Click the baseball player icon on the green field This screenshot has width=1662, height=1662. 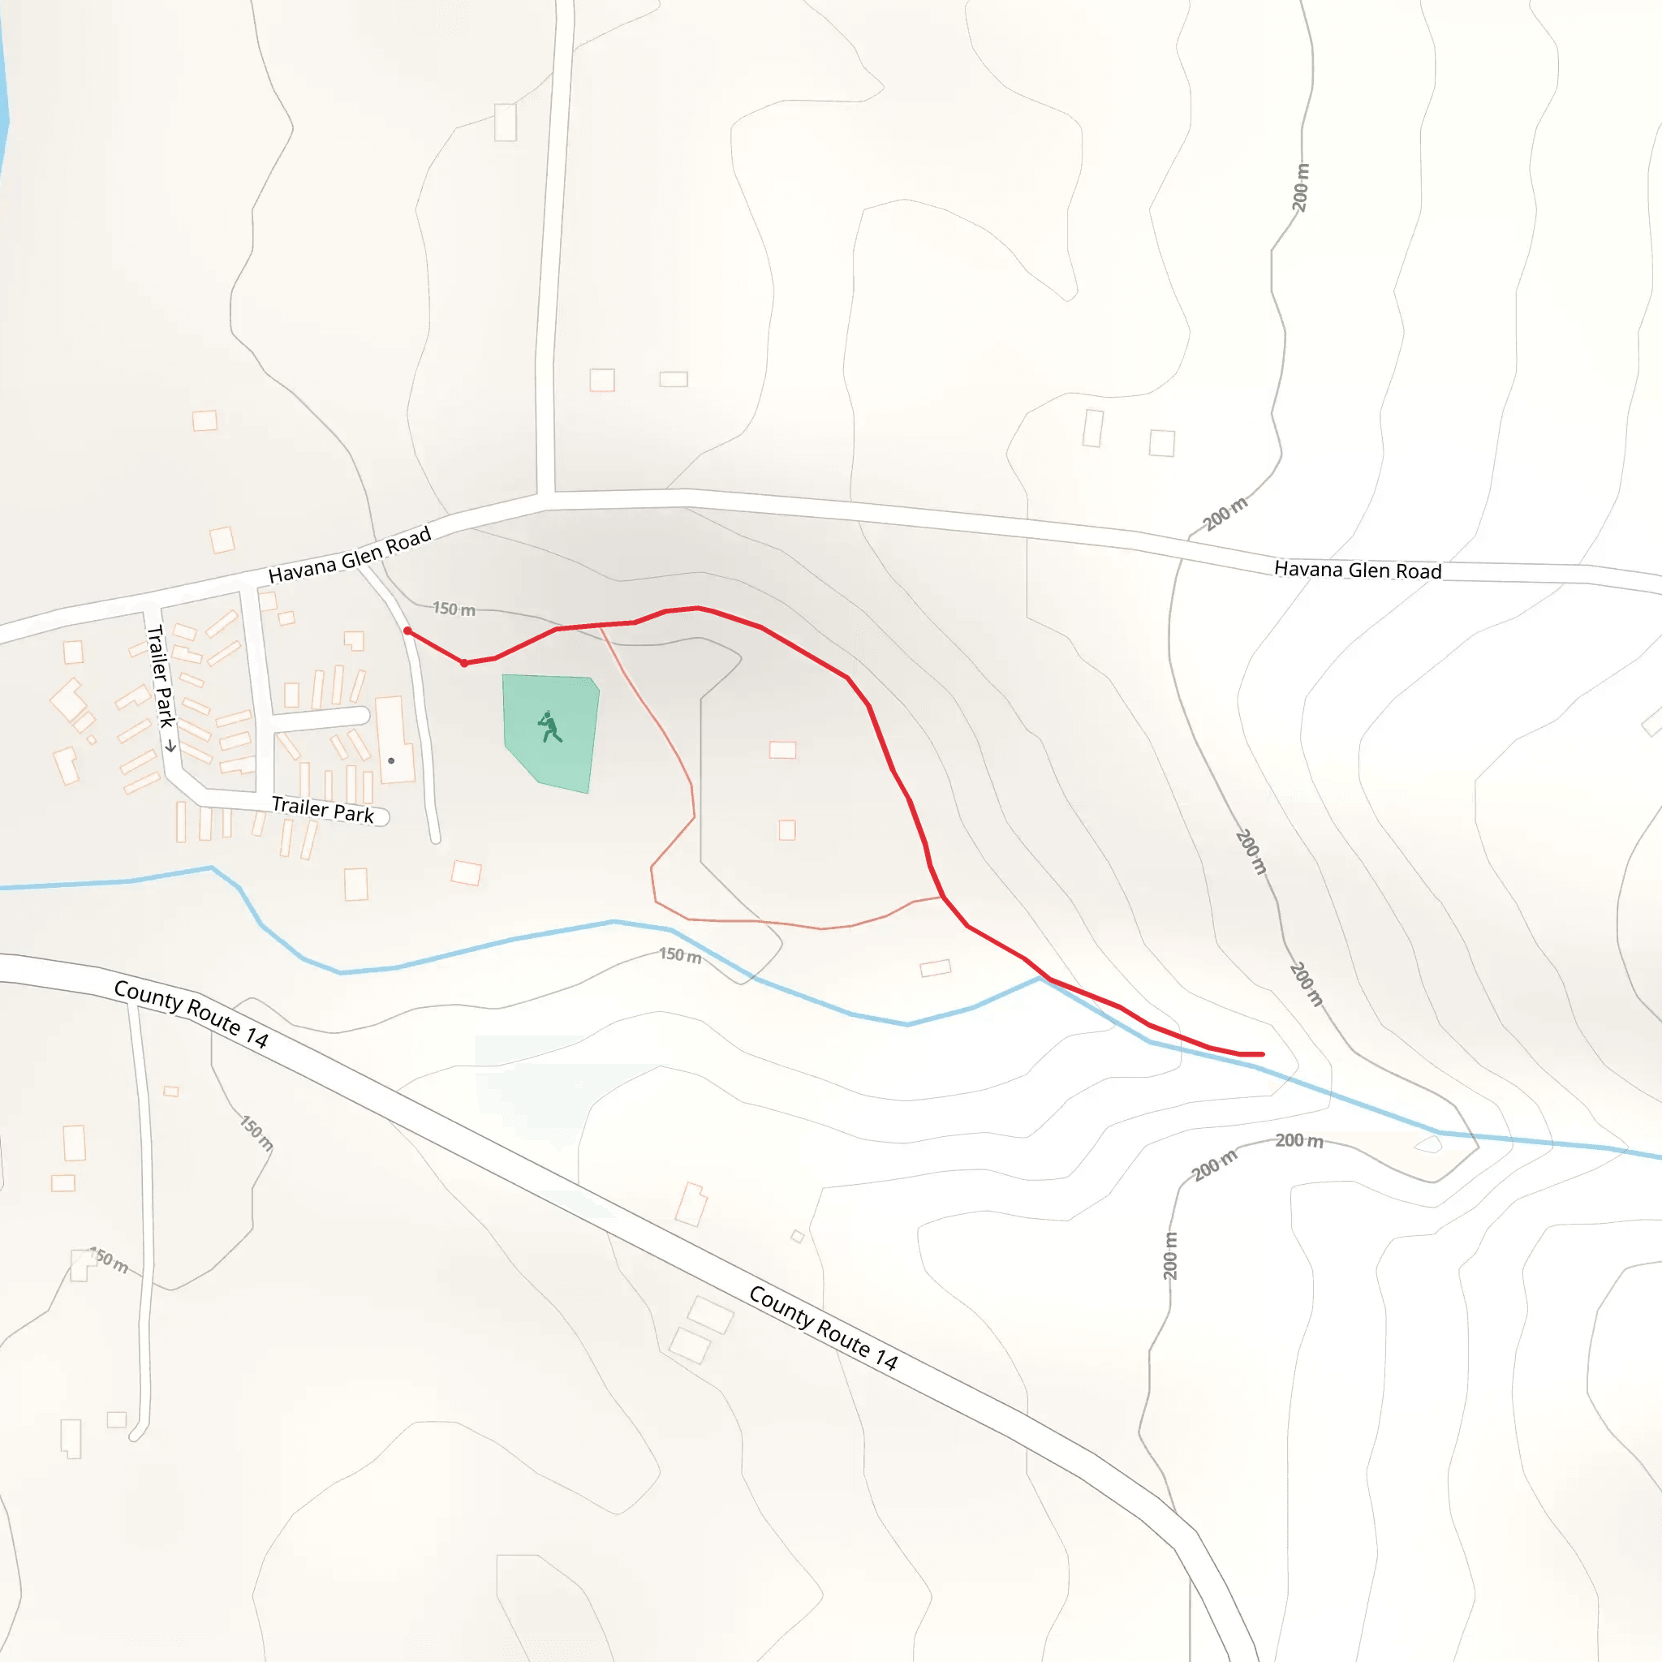[x=549, y=727]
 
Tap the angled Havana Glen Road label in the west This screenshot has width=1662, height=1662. [x=349, y=557]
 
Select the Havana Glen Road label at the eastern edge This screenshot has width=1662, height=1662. [x=1357, y=570]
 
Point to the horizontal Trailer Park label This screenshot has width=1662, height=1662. [x=323, y=808]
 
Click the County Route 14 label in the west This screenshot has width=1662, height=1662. [x=191, y=1014]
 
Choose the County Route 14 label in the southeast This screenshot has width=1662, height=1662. [x=823, y=1327]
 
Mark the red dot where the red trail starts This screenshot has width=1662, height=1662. [x=407, y=631]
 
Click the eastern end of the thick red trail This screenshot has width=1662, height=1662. [x=1261, y=1054]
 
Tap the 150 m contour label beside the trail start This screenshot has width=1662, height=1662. [x=454, y=609]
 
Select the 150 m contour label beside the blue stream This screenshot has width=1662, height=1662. [x=679, y=955]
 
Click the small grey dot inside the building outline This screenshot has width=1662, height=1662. [x=391, y=760]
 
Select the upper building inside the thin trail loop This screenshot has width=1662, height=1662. [x=782, y=749]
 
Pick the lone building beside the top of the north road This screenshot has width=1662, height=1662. [x=505, y=123]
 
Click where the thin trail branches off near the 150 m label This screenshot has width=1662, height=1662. [x=601, y=627]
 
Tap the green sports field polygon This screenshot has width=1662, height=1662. [x=568, y=757]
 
